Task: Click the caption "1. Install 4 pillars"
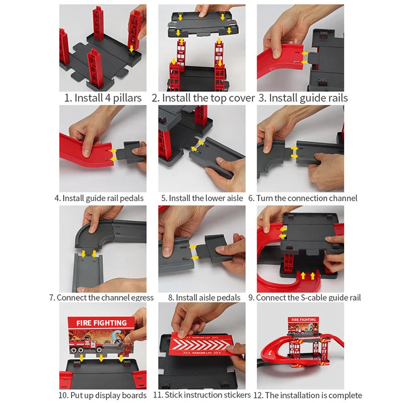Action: click(103, 98)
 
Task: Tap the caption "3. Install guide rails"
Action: click(303, 98)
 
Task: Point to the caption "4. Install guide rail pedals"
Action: click(99, 198)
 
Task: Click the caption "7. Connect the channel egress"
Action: click(101, 297)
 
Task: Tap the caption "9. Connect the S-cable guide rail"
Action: click(303, 297)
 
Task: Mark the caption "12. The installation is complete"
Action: click(307, 395)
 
